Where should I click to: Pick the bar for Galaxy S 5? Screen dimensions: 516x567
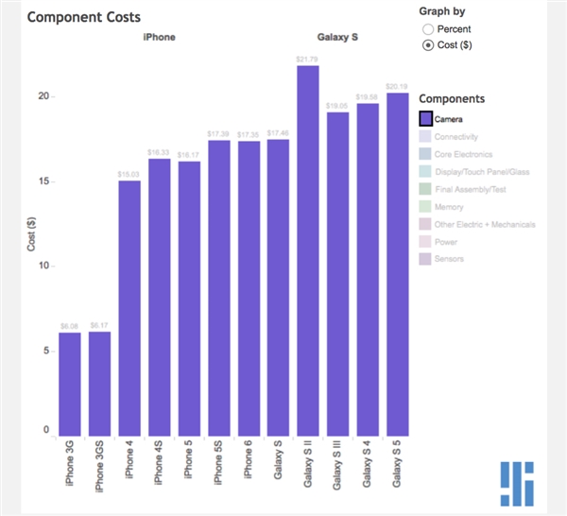397,265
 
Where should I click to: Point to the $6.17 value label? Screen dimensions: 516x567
99,325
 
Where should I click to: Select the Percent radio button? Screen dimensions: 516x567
428,29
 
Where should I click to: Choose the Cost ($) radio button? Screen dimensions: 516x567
428,44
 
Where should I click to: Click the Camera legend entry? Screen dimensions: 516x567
446,119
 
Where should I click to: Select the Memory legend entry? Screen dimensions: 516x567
449,207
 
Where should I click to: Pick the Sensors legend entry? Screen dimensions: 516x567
449,258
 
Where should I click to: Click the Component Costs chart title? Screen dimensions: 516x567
84,17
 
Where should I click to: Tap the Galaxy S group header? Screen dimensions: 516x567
338,38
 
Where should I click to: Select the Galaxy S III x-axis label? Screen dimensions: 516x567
337,470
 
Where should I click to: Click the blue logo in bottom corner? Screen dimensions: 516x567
517,482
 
